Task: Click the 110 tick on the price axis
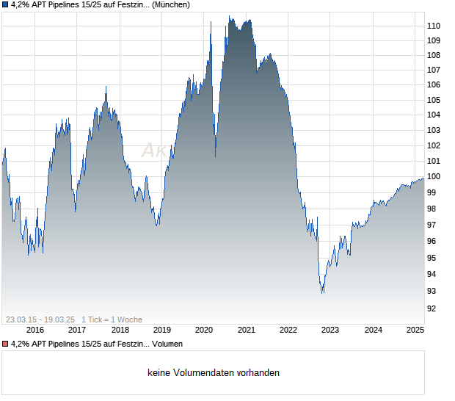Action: (x=434, y=26)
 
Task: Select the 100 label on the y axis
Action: (x=434, y=176)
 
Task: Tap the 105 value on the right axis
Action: (x=434, y=100)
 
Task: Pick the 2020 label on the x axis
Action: (x=203, y=330)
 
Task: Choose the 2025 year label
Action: (x=415, y=330)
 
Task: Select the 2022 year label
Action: (x=288, y=330)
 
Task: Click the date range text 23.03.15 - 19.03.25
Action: (x=40, y=319)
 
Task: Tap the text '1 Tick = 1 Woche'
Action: (x=112, y=319)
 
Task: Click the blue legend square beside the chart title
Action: (x=5, y=4)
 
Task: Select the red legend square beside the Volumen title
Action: (x=5, y=344)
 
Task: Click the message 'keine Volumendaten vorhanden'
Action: (x=214, y=373)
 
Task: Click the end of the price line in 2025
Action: (x=423, y=178)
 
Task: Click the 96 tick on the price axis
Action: (x=432, y=241)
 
